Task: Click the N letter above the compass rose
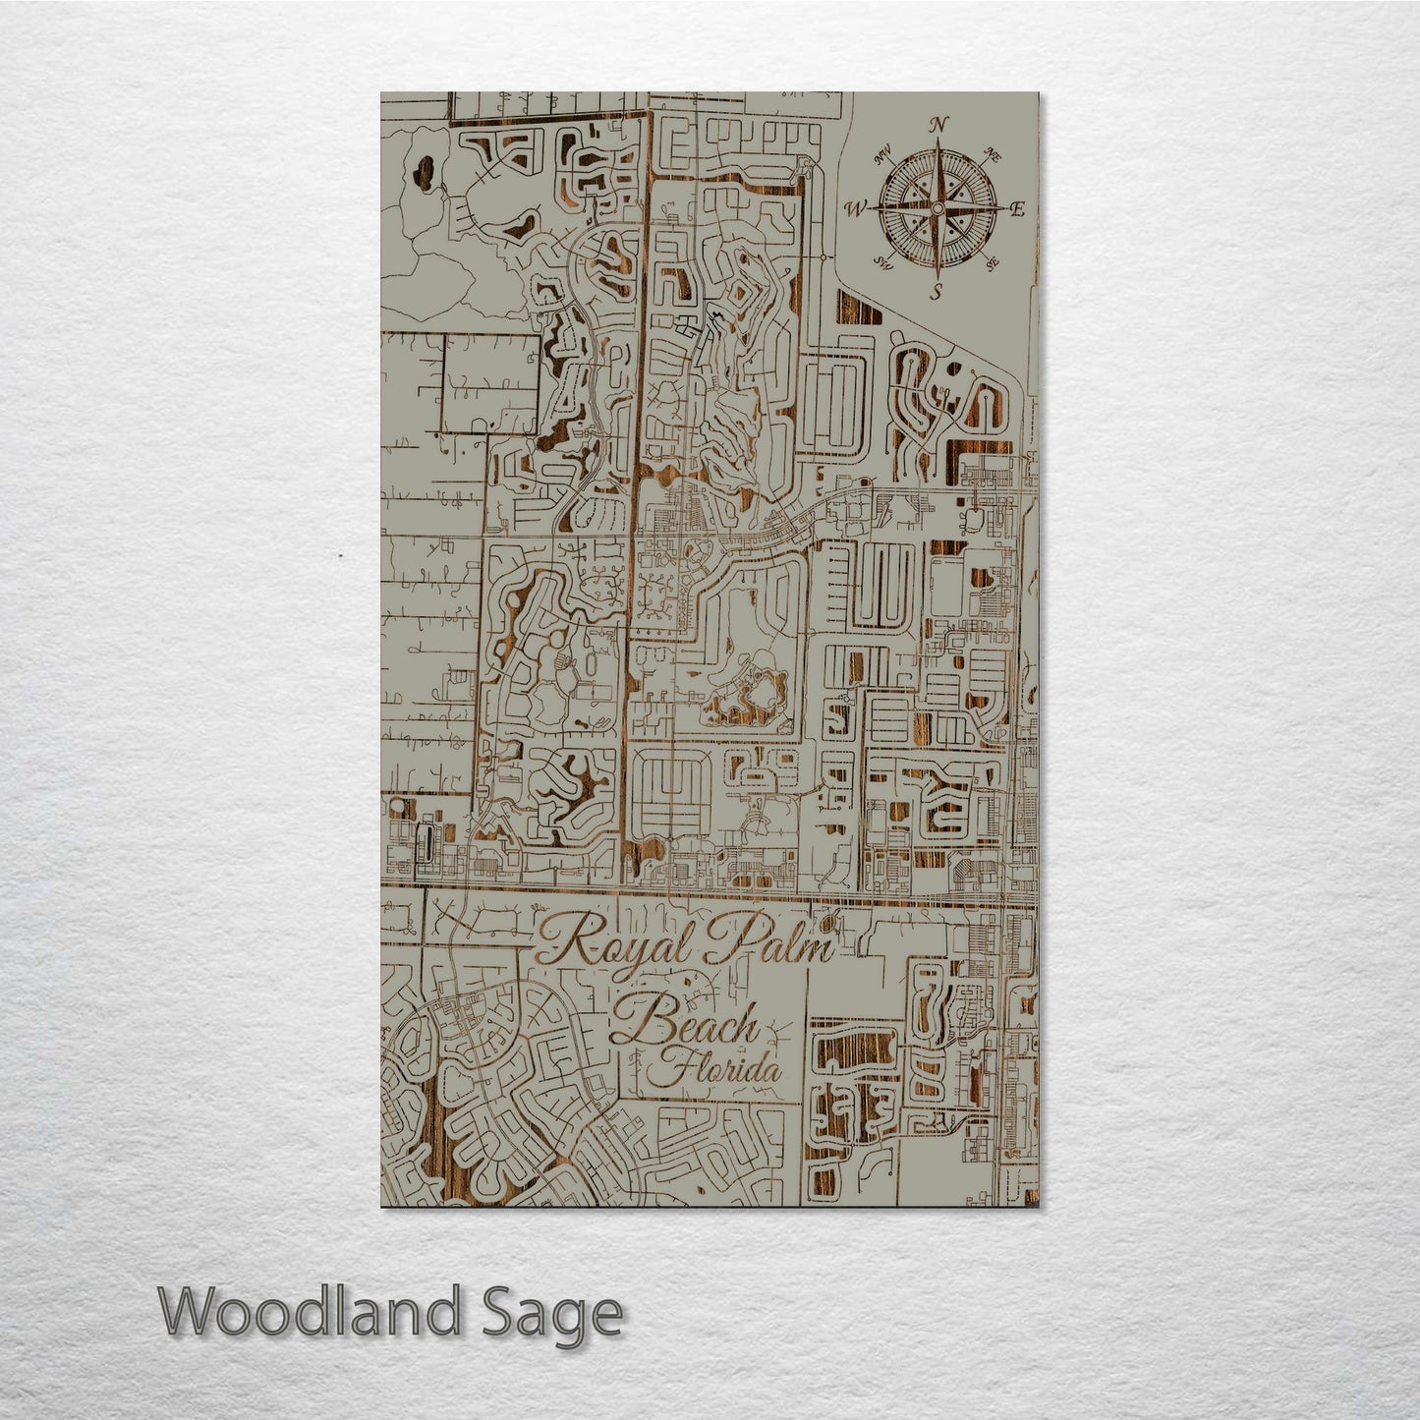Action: pos(938,124)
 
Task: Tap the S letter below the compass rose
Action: pos(937,292)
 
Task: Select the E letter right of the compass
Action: pos(1018,208)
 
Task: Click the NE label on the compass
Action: pos(994,154)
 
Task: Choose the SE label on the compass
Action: pos(993,262)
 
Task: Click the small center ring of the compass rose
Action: pos(937,208)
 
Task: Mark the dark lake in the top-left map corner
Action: pos(426,174)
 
